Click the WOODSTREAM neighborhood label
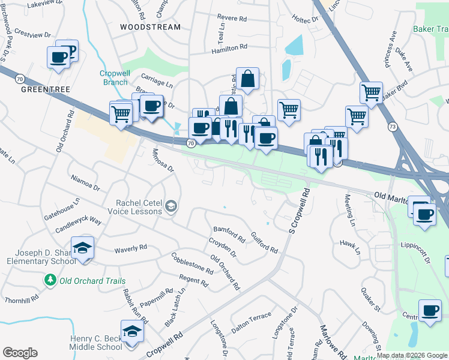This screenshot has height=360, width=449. point(149,27)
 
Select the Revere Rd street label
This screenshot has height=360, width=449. point(234,19)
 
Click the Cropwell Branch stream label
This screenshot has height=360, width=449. point(113,78)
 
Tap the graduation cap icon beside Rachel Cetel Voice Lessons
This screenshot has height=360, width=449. point(171,207)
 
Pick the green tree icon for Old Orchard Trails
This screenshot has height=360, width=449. point(50,280)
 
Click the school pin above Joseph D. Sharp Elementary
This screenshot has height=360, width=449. point(82,247)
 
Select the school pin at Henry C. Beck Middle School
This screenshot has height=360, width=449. point(132,331)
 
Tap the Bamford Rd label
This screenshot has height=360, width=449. point(229,235)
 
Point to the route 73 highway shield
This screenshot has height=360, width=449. point(393,127)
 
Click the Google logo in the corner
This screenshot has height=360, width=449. point(20,353)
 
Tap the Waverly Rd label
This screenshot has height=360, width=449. point(131,247)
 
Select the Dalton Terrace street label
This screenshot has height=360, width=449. point(252,319)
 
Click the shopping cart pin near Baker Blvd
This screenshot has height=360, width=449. point(371,93)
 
